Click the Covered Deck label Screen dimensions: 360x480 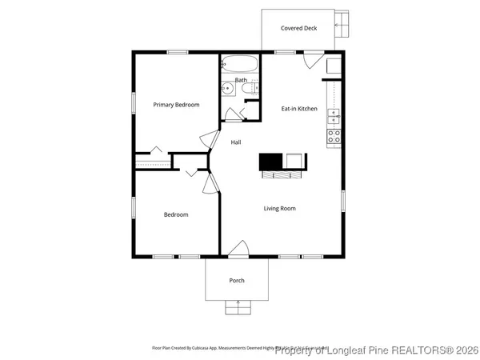(x=298, y=28)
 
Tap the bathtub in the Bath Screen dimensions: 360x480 (x=238, y=64)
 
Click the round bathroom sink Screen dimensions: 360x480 (x=227, y=88)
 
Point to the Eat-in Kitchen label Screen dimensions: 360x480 (x=298, y=108)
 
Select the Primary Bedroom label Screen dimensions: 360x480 (x=176, y=105)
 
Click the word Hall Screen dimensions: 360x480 (x=236, y=142)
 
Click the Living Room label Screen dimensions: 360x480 (x=280, y=209)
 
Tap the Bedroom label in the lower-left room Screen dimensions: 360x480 (x=176, y=214)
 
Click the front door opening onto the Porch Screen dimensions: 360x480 (x=238, y=251)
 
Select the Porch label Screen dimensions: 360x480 (x=237, y=281)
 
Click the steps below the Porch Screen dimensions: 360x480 (x=237, y=306)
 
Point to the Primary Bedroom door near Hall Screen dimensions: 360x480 (x=211, y=139)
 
